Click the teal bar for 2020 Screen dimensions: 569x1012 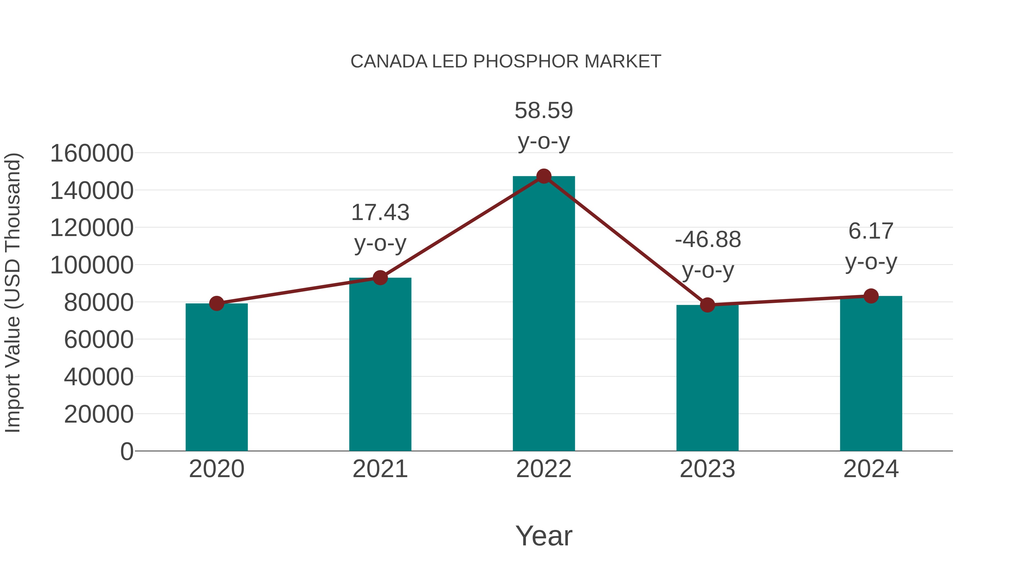coord(216,377)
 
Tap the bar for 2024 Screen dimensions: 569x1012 coord(871,373)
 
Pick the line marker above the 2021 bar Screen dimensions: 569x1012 coord(380,278)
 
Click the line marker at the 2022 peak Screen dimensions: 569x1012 coord(544,176)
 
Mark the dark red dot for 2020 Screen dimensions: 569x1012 coord(216,303)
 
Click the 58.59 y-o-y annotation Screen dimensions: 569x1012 coord(544,126)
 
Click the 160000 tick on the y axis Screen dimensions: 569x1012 coord(92,153)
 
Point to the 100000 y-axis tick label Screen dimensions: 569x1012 coord(92,265)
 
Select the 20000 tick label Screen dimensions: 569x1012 coord(99,414)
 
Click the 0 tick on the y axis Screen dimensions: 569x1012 coord(126,451)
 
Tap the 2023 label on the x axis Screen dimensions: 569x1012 coord(707,469)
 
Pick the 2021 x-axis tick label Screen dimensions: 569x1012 coord(380,469)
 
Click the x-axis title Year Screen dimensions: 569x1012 coord(544,536)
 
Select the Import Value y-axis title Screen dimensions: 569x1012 coord(13,293)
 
